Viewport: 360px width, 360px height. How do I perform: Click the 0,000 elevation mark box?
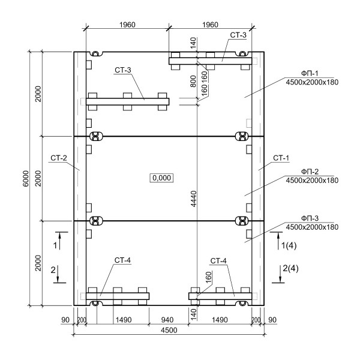coord(161,178)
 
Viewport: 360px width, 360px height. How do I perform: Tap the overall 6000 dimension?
coord(26,178)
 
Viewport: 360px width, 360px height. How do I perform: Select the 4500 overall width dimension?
coord(169,330)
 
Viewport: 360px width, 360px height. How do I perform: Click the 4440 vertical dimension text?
coord(194,199)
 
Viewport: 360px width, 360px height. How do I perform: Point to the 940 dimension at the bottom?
coord(167,320)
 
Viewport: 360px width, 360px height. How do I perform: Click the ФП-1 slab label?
coord(310,73)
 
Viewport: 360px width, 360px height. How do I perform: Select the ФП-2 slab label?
coord(310,172)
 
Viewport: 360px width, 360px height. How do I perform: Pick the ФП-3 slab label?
coord(310,218)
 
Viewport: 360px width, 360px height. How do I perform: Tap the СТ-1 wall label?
coord(281,158)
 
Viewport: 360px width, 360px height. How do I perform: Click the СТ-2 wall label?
coord(59,158)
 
